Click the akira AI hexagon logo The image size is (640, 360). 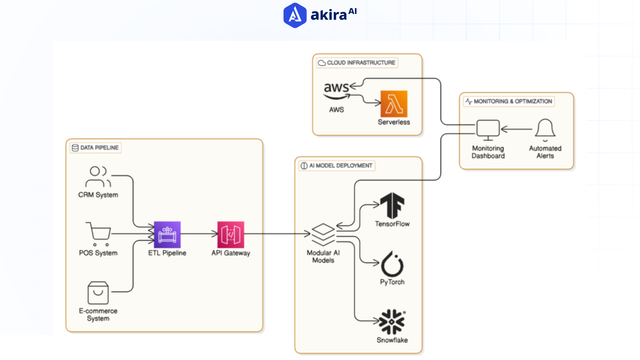click(295, 15)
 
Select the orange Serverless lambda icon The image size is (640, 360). click(394, 104)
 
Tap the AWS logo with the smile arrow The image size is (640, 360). click(336, 91)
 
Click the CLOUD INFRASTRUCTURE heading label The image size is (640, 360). click(357, 63)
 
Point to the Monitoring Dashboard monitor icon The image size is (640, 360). click(488, 130)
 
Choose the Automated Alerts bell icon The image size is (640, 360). click(545, 129)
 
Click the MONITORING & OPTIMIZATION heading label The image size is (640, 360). click(509, 101)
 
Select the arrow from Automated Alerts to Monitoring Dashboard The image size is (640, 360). click(517, 129)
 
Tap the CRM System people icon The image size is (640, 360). click(98, 177)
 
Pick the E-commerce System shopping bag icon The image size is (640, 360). click(98, 293)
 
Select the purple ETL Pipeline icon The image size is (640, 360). click(167, 235)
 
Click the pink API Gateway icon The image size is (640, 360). click(231, 235)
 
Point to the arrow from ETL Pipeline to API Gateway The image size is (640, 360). click(199, 234)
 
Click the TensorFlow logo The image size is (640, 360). click(392, 206)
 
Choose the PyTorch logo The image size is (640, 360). click(392, 264)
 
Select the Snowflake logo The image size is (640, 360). click(392, 322)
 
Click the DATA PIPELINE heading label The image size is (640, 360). click(96, 148)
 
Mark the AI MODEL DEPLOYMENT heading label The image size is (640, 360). click(337, 166)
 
